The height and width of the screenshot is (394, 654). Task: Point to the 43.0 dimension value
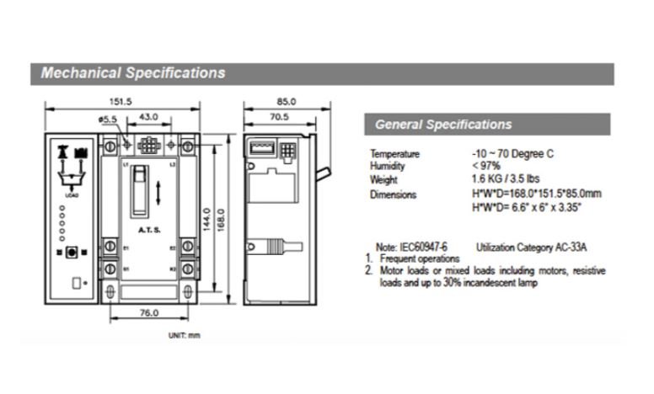click(149, 116)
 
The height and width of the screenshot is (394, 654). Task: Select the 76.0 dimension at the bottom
click(148, 313)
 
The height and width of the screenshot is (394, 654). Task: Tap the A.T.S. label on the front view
click(148, 228)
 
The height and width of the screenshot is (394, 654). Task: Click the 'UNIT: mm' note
click(184, 336)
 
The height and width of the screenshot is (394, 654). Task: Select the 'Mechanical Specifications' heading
click(133, 73)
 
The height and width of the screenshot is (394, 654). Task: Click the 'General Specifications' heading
click(442, 125)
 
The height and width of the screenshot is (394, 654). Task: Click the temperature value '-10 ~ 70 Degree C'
click(513, 154)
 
